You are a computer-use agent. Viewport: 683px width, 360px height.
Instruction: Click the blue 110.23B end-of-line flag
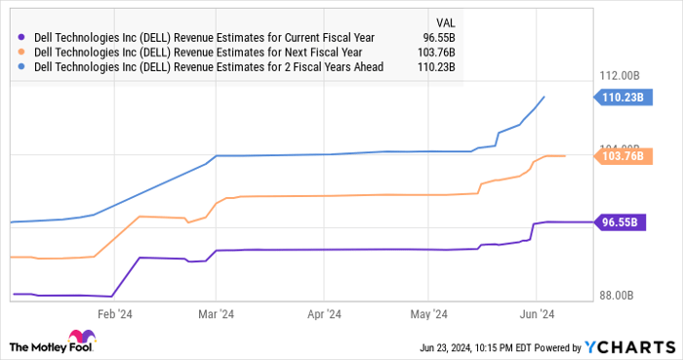tap(619, 97)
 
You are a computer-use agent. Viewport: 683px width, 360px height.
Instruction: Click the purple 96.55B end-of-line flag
tap(619, 222)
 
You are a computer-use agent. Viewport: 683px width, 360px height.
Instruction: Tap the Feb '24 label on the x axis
tap(114, 314)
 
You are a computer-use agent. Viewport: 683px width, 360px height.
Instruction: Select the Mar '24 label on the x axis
tap(215, 314)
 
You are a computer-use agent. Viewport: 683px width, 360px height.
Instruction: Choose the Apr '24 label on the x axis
tap(323, 314)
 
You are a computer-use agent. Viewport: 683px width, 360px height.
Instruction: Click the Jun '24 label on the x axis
tap(535, 314)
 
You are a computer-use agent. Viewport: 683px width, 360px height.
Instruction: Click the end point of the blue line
tap(544, 97)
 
